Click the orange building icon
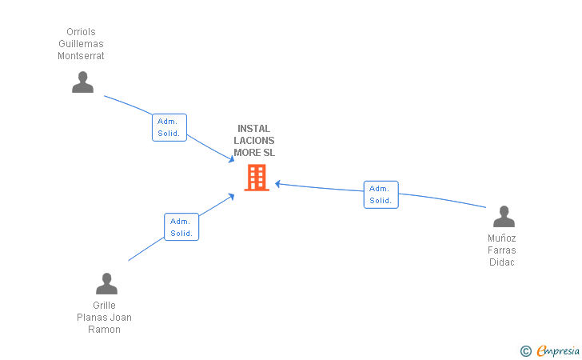tap(257, 178)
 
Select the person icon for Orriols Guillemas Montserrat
tap(82, 82)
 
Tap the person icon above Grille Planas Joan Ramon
tap(106, 284)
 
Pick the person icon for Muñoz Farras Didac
tap(504, 217)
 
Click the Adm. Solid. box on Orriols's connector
tap(169, 127)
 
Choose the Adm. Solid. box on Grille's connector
tap(181, 227)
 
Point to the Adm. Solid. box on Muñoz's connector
tap(381, 194)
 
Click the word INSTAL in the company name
tap(254, 128)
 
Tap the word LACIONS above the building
tap(254, 140)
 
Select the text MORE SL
tap(254, 152)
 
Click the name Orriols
tap(82, 32)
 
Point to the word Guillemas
tap(82, 44)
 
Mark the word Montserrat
tap(82, 56)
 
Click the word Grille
tap(105, 306)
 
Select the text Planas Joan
tap(105, 318)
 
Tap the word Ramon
tap(105, 330)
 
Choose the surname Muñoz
tap(502, 238)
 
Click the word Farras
tap(502, 250)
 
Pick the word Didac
tap(502, 262)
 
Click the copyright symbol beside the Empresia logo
tap(525, 350)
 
